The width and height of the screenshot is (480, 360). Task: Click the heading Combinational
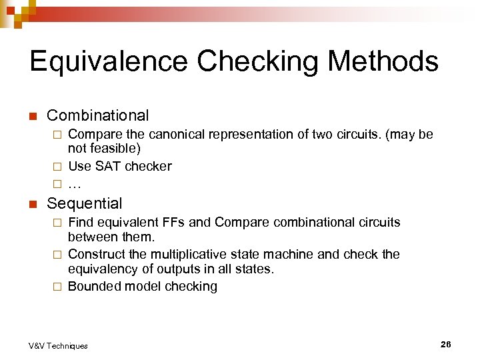[97, 116]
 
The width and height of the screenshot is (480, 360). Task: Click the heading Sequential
[85, 204]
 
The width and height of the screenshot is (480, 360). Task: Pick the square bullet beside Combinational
[32, 117]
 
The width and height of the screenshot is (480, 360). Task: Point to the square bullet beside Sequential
[32, 205]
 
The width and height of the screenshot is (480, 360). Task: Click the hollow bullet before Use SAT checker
[57, 167]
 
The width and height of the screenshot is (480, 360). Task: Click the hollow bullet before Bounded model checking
[57, 287]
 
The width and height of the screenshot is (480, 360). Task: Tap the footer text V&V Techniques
[58, 345]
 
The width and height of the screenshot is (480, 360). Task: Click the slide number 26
[445, 344]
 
